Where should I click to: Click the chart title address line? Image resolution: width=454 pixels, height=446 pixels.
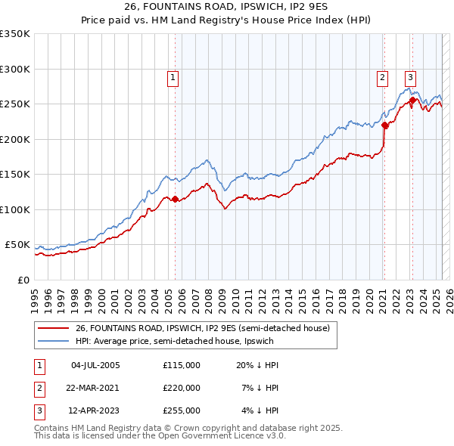click(x=226, y=8)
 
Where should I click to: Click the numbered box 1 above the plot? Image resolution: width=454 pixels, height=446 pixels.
click(x=173, y=76)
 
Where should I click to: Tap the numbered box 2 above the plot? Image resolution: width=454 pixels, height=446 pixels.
click(x=383, y=76)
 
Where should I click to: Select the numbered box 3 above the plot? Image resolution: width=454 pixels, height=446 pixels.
click(x=410, y=76)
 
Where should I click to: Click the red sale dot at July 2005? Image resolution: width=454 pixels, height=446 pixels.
click(x=176, y=200)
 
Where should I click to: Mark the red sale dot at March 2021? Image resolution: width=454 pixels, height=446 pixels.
click(x=384, y=125)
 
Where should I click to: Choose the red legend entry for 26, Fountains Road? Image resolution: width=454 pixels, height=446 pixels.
click(x=202, y=329)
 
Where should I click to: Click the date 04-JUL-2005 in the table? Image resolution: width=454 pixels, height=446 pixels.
click(x=95, y=365)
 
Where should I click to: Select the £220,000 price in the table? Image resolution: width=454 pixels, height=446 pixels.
click(x=182, y=388)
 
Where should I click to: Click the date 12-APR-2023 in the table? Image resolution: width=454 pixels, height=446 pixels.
click(x=95, y=410)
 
